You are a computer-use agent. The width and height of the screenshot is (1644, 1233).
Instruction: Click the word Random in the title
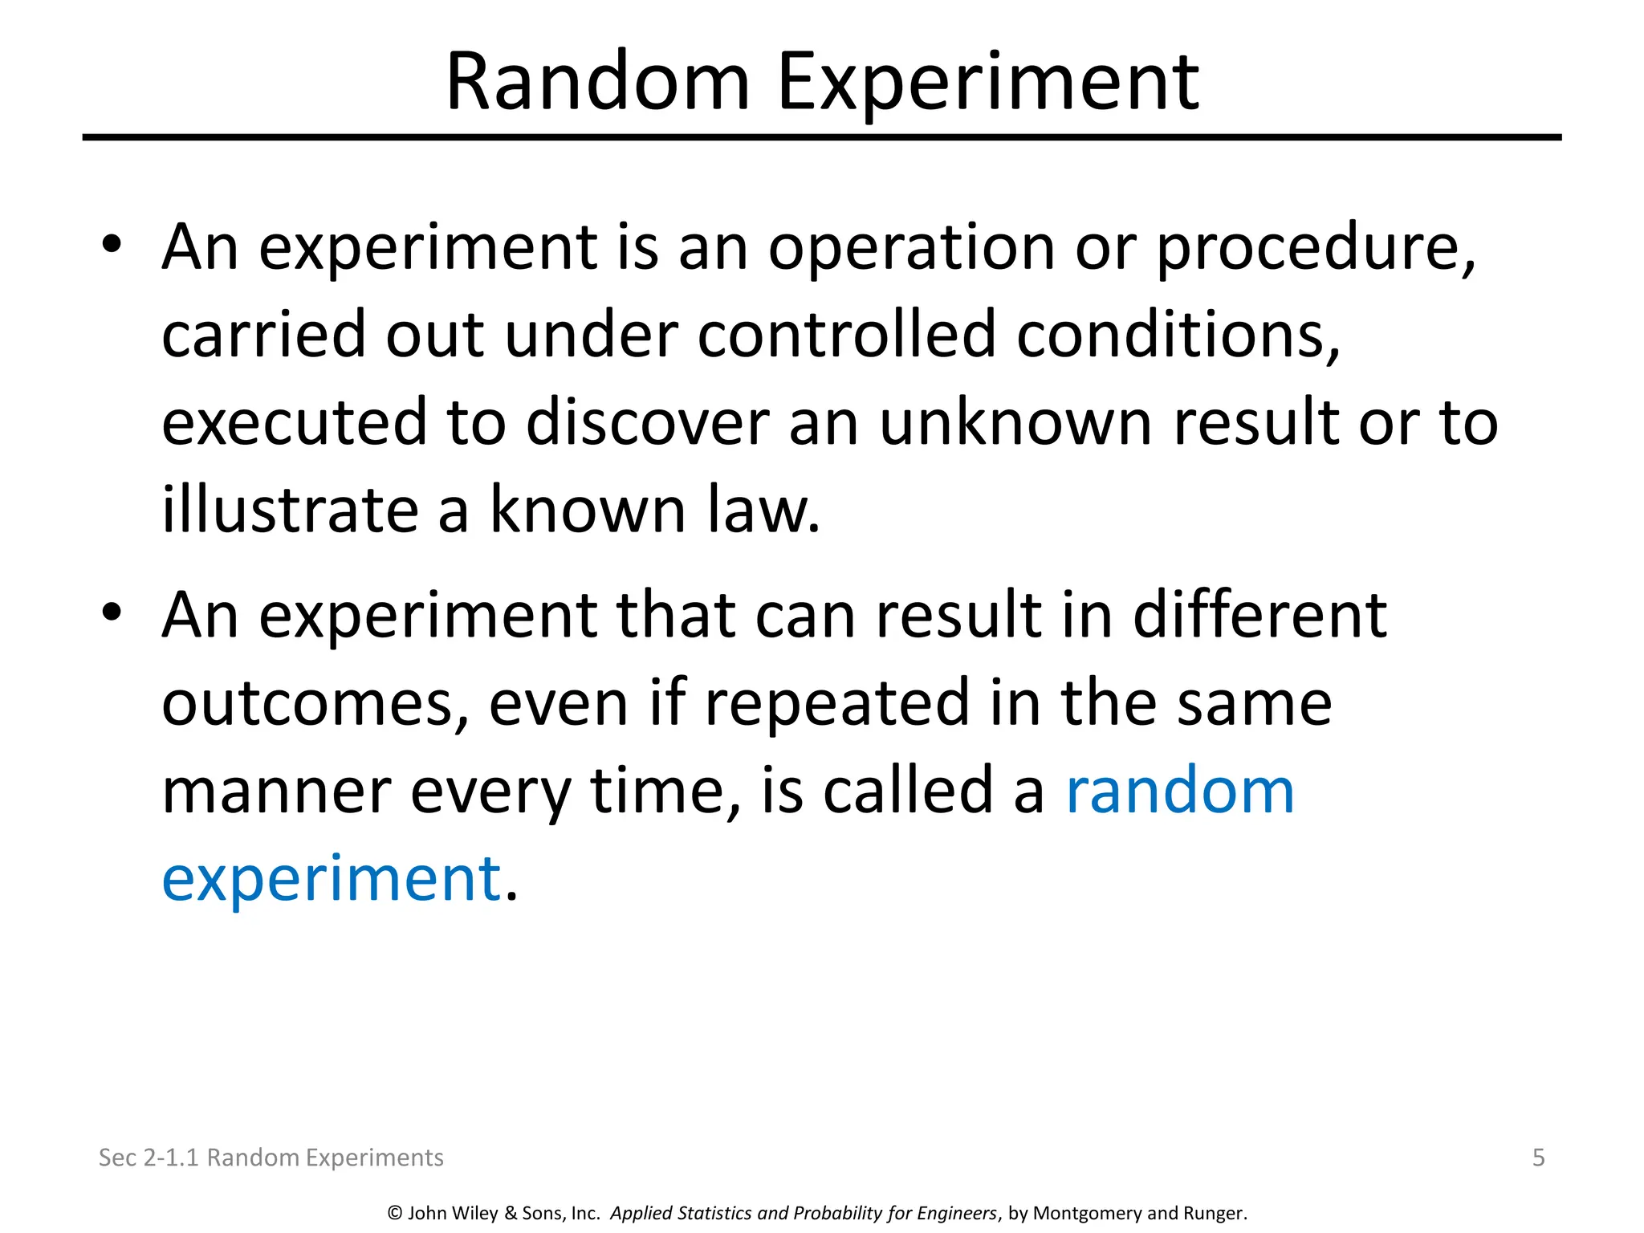[597, 82]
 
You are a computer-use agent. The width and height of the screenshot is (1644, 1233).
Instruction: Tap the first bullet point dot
[112, 244]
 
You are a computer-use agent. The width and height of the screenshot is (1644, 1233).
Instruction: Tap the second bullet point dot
[112, 612]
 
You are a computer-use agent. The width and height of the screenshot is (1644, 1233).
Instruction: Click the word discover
[647, 422]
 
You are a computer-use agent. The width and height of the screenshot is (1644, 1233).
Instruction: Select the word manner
[277, 791]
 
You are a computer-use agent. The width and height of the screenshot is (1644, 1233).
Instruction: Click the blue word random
[1179, 791]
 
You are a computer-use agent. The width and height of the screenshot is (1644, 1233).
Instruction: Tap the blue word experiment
[332, 880]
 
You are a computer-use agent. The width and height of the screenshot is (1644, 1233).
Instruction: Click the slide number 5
[1538, 1158]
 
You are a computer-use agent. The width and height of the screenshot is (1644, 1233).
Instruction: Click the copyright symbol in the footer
[394, 1213]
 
